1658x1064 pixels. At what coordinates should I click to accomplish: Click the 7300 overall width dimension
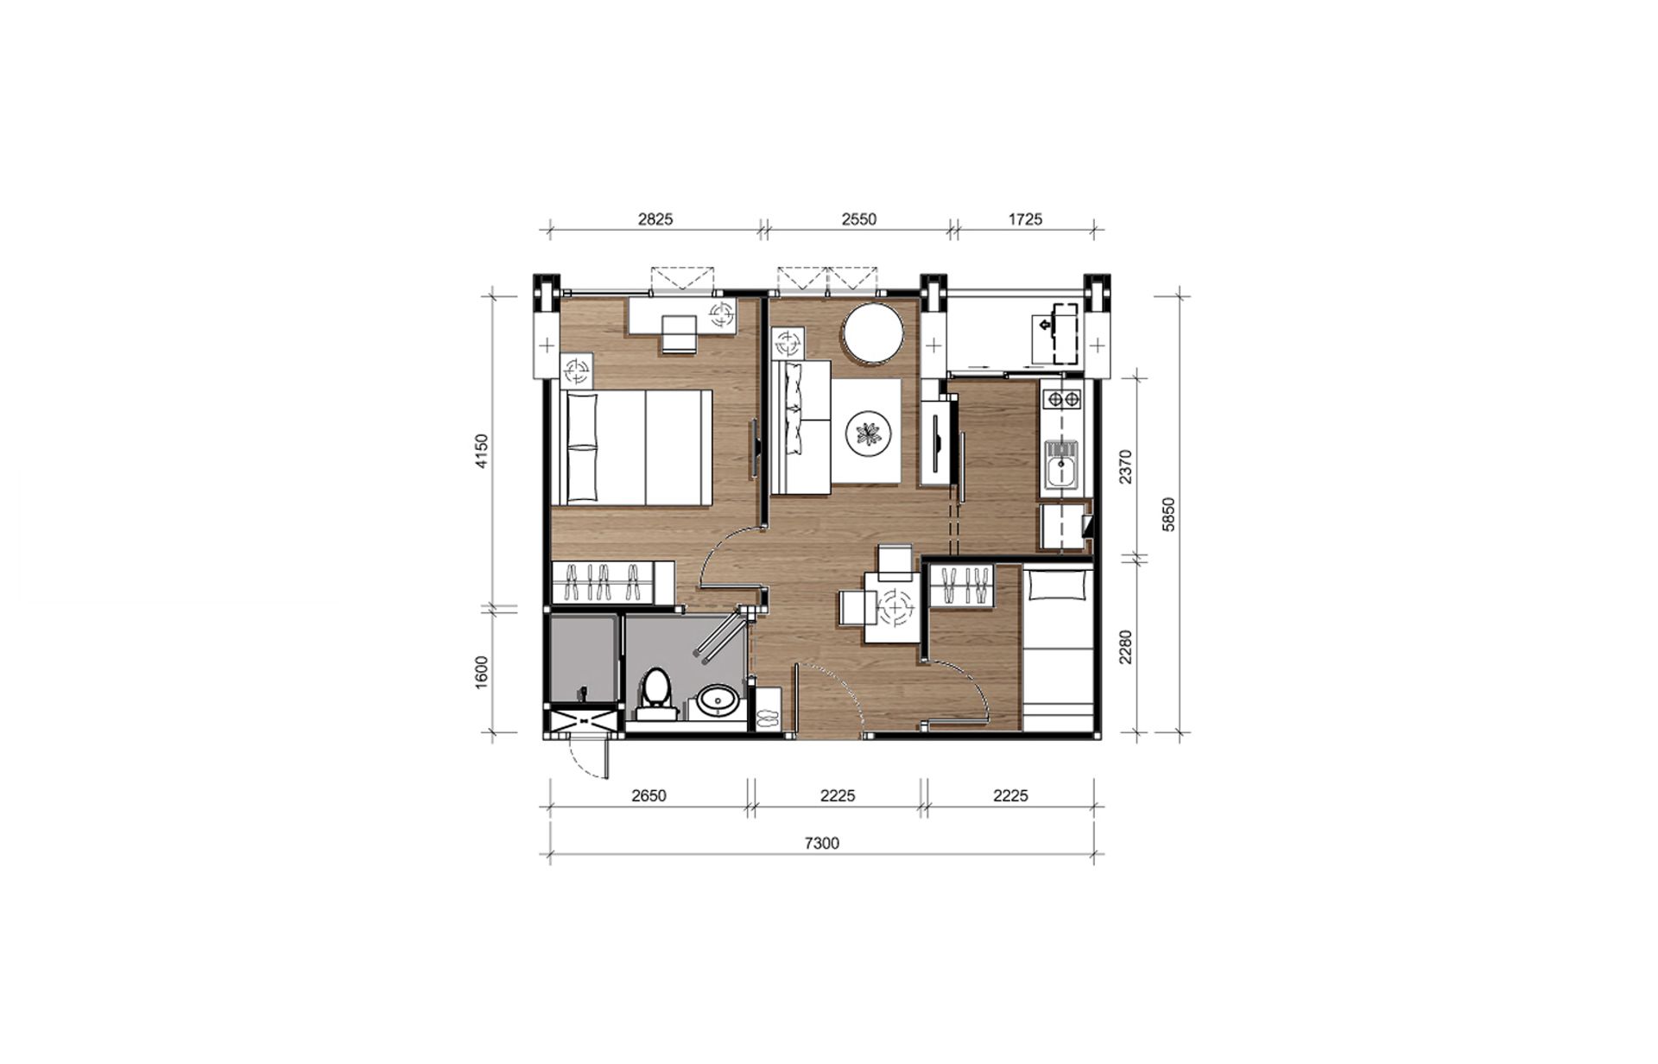coord(821,843)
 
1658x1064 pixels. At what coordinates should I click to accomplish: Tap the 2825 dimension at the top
coord(655,219)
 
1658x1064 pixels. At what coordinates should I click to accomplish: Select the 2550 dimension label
coord(859,219)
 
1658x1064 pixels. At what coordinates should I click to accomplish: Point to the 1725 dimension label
coord(1025,219)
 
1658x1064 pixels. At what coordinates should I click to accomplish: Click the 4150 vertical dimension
coord(482,451)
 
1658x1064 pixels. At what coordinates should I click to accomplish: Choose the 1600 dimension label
coord(482,673)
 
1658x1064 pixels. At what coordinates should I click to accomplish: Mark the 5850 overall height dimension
coord(1169,514)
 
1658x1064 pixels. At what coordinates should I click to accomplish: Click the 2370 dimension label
coord(1125,466)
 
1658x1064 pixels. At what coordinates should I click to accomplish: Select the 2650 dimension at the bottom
coord(649,795)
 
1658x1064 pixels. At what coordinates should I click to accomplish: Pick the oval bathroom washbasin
coord(718,700)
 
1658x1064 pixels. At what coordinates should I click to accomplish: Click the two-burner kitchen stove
coord(1061,399)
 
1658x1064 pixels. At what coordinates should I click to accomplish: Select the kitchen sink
coord(1060,466)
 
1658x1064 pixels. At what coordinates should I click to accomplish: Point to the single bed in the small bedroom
coord(1058,648)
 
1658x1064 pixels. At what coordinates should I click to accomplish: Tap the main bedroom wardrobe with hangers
coord(613,582)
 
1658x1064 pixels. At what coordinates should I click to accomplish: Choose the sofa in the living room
coord(801,427)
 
